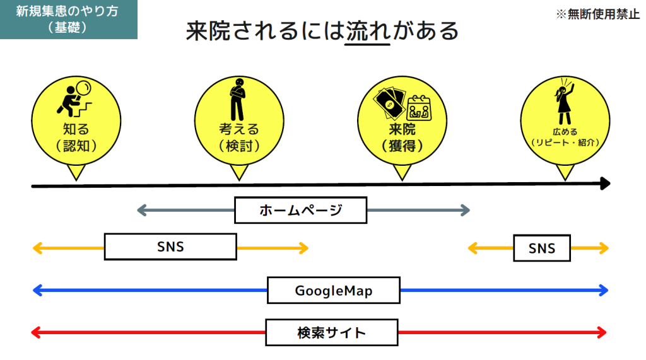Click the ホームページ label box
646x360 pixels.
(300, 210)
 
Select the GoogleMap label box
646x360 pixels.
(333, 291)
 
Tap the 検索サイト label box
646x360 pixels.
(331, 332)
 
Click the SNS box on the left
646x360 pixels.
(170, 247)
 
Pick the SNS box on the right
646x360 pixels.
(542, 248)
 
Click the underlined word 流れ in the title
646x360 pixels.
(368, 32)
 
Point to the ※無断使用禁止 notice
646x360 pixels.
(597, 15)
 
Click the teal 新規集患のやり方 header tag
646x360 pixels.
(68, 20)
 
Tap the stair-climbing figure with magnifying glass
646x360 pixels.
(76, 98)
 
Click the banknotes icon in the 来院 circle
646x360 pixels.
(389, 102)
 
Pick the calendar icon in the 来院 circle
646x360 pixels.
(418, 107)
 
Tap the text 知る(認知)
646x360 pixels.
(76, 137)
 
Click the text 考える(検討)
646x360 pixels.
(238, 137)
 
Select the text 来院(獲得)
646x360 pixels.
(402, 137)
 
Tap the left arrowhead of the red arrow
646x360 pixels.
(36, 332)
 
